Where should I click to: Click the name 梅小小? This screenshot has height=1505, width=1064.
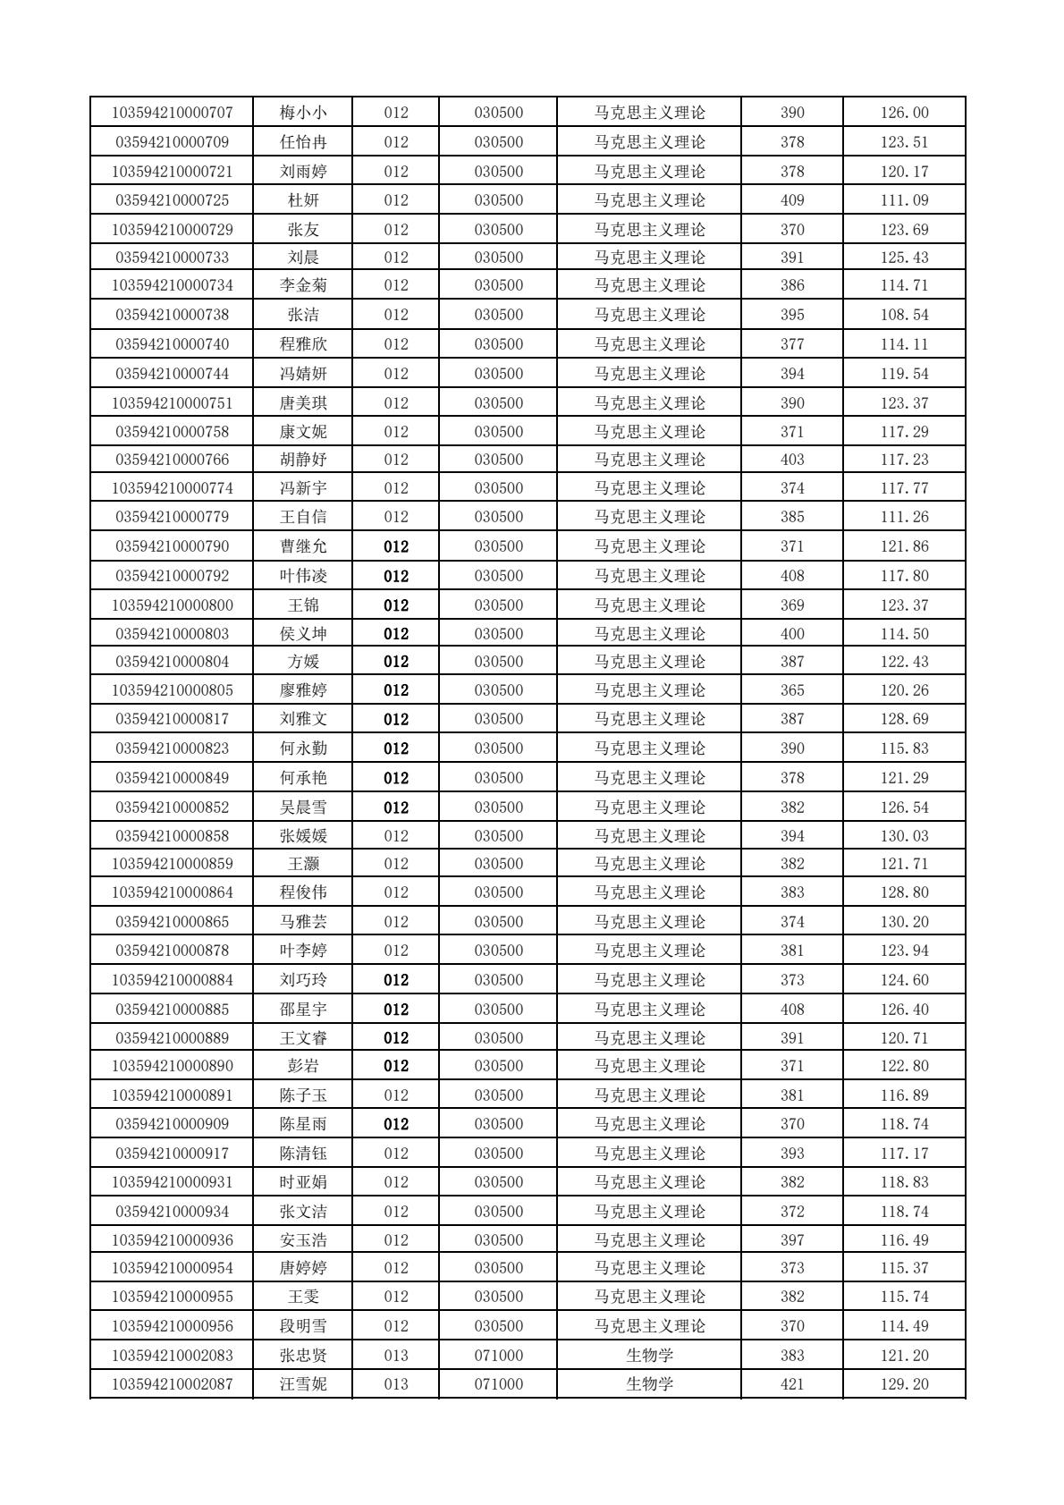point(303,113)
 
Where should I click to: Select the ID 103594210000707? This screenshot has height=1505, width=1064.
point(172,113)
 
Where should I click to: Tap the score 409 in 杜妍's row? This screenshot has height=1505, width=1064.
point(792,200)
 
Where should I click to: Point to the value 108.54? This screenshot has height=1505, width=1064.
point(904,315)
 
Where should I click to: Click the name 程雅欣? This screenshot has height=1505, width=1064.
point(303,344)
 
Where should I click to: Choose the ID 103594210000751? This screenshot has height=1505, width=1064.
point(172,403)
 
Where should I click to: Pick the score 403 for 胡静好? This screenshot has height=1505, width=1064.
point(792,460)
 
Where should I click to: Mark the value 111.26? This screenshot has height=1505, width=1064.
point(904,517)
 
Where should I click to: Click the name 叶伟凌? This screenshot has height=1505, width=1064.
point(303,576)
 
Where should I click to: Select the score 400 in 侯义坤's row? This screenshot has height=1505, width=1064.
point(792,634)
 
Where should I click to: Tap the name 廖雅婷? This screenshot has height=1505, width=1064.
point(303,690)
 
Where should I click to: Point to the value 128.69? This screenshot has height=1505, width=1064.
point(904,719)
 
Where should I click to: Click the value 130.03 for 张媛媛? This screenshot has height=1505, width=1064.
point(904,836)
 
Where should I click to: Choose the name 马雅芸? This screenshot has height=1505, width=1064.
point(303,922)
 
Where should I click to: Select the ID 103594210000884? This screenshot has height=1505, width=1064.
point(172,980)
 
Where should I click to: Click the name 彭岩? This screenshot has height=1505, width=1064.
point(303,1066)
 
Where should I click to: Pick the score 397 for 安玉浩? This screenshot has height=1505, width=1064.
point(792,1240)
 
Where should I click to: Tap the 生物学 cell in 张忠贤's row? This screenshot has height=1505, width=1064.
point(649,1356)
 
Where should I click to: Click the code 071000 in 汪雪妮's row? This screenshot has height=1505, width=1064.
point(498,1384)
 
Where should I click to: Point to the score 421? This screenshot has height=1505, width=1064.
point(792,1384)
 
